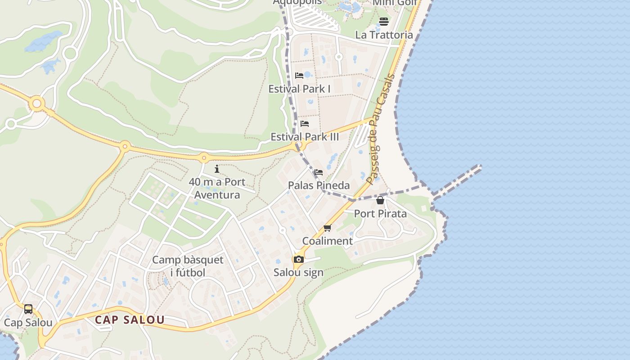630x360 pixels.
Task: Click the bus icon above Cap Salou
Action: click(x=28, y=309)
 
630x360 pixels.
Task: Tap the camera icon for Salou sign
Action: click(x=298, y=259)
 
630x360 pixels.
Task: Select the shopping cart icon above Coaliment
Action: click(x=327, y=228)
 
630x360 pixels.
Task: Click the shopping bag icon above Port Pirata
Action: click(x=380, y=200)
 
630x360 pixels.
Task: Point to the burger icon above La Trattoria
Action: click(x=383, y=21)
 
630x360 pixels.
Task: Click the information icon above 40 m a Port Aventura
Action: click(x=217, y=169)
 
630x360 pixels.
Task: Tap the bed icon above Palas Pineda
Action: click(x=319, y=172)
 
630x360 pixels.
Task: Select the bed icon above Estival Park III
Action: click(x=305, y=123)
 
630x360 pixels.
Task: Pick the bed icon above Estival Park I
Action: click(x=299, y=75)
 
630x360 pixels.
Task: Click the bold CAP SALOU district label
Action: click(x=130, y=320)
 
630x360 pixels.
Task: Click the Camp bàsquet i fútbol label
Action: click(x=188, y=266)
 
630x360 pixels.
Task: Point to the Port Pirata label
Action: click(x=380, y=213)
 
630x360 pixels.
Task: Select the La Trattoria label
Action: click(x=384, y=35)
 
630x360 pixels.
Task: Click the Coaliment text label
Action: click(x=327, y=241)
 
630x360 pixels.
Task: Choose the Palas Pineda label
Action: click(x=319, y=185)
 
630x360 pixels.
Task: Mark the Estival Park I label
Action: click(x=299, y=89)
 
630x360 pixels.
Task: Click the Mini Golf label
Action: click(x=395, y=3)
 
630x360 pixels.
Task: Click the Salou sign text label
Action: click(x=298, y=272)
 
